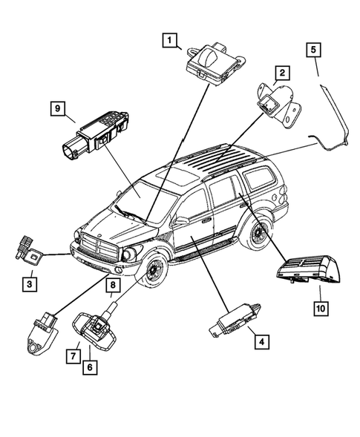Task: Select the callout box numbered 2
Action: tap(281, 73)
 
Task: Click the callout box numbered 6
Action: tap(89, 366)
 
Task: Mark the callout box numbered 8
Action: tap(113, 285)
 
